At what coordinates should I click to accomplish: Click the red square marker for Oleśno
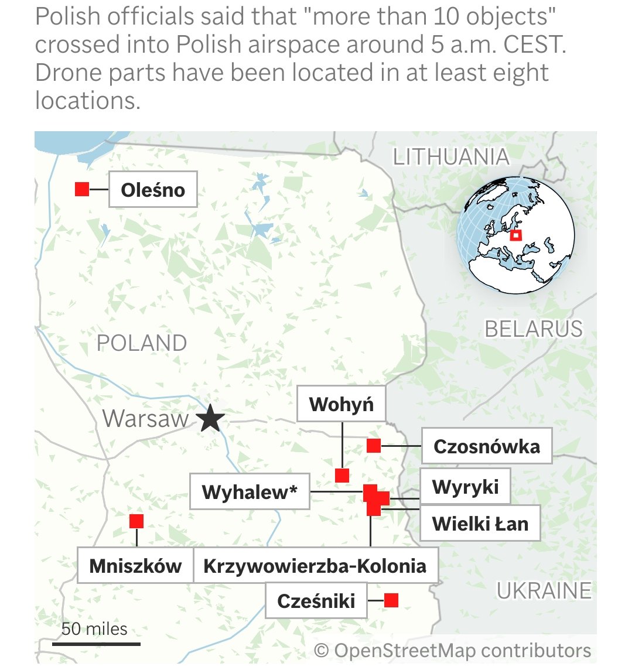coord(82,189)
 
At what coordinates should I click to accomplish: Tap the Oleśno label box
coord(153,190)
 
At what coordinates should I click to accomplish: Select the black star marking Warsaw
coord(210,419)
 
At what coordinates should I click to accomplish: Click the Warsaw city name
coord(145,419)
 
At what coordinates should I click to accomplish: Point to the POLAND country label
coord(142,343)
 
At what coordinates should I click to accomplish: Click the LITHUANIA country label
coord(450,157)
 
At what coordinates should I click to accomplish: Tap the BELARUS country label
coord(534,329)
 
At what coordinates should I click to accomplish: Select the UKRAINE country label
coord(544,590)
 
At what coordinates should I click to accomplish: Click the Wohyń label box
coord(341,404)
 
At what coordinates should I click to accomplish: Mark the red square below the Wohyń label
coord(342,475)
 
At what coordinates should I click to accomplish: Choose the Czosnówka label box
coord(486,446)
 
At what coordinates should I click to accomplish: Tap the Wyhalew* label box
coord(250,491)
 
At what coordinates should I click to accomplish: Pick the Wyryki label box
coord(465,486)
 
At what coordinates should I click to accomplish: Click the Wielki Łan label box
coord(480,523)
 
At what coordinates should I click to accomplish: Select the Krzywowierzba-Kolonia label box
coord(315,566)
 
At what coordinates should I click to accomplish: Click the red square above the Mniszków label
coord(136,521)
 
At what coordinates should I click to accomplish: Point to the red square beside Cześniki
coord(391,600)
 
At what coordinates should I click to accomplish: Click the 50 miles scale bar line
coord(96,644)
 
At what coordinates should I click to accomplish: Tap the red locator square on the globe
coord(515,235)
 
